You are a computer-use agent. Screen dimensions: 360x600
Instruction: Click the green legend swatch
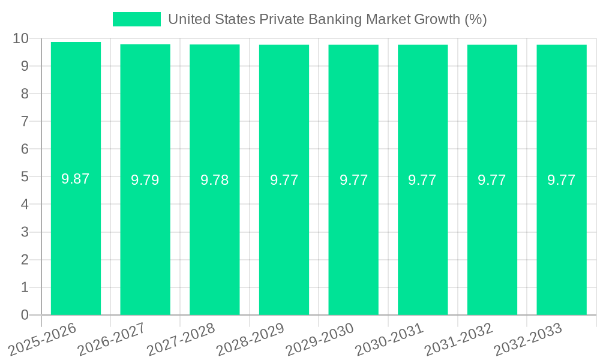pyautogui.click(x=137, y=19)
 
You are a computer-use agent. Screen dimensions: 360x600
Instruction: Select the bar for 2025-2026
pyautogui.click(x=76, y=240)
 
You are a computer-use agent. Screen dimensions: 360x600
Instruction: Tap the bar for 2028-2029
pyautogui.click(x=284, y=240)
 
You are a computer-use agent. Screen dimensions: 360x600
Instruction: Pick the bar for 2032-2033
pyautogui.click(x=562, y=240)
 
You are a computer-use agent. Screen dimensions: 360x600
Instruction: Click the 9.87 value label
pyautogui.click(x=76, y=178)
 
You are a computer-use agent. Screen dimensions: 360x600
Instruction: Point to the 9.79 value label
pyautogui.click(x=145, y=180)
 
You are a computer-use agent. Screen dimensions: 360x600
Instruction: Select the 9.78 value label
pyautogui.click(x=214, y=180)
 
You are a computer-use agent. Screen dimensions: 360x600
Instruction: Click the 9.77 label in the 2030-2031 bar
pyautogui.click(x=422, y=180)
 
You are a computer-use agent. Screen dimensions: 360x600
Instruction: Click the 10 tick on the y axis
pyautogui.click(x=21, y=38)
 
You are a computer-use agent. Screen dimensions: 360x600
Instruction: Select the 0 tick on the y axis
pyautogui.click(x=25, y=315)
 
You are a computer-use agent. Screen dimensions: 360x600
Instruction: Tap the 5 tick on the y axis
pyautogui.click(x=25, y=177)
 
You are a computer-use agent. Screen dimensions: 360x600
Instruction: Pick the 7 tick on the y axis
pyautogui.click(x=25, y=121)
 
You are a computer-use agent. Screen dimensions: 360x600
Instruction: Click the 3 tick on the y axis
pyautogui.click(x=25, y=232)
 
